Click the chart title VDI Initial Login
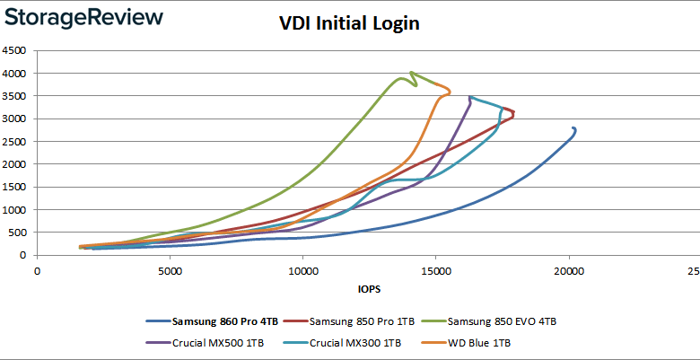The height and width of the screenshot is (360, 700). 349,24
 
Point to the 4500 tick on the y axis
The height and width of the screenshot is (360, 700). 17,50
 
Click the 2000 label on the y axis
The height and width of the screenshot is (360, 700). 17,164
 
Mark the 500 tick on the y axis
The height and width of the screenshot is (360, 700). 21,233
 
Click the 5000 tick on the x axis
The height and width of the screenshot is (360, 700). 169,269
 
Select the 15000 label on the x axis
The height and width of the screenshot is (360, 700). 435,269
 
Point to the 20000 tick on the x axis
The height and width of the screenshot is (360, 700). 568,269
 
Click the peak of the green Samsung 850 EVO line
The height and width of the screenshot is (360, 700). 410,73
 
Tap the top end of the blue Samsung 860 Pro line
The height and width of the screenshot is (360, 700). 573,127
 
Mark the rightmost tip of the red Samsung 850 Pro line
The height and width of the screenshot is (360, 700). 514,114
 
